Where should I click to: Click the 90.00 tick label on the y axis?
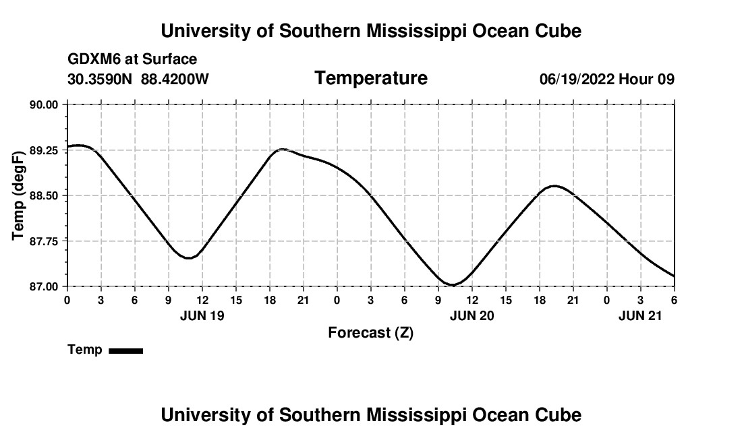44,104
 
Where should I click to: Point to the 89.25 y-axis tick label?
44,150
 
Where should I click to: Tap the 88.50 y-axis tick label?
44,195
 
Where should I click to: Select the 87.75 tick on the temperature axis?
44,241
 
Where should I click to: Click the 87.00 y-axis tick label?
44,286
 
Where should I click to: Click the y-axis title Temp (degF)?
19,195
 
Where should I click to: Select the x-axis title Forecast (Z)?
370,332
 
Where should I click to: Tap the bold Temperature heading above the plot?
371,78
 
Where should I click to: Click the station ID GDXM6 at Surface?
132,59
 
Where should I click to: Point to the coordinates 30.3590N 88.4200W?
138,79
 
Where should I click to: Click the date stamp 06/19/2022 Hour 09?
606,79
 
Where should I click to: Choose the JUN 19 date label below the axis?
202,315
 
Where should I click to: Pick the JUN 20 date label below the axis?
472,315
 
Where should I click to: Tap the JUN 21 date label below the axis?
640,315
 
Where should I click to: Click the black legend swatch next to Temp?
125,350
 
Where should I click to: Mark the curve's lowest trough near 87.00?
453,285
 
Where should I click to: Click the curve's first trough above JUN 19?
190,257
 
